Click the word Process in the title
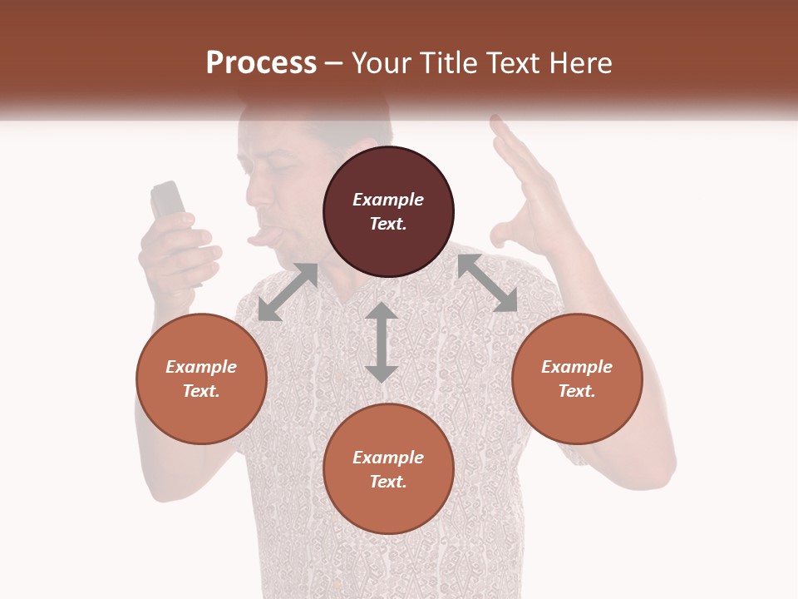point(261,63)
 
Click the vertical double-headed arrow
point(382,342)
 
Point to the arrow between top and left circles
point(288,292)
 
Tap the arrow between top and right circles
point(487,283)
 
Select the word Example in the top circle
point(388,200)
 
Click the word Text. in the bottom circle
point(388,482)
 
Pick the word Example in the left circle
point(201,367)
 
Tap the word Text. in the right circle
point(577,391)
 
